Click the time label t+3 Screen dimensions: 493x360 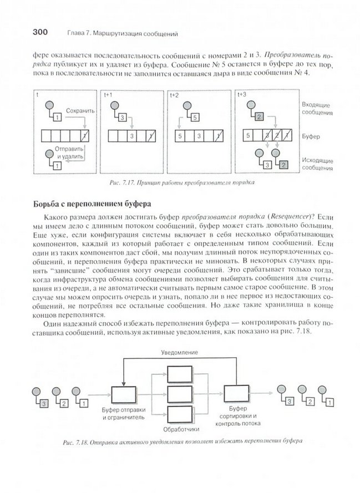(x=242, y=95)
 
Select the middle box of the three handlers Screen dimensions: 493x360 (x=181, y=394)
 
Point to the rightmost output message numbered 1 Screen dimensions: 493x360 (x=329, y=401)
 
